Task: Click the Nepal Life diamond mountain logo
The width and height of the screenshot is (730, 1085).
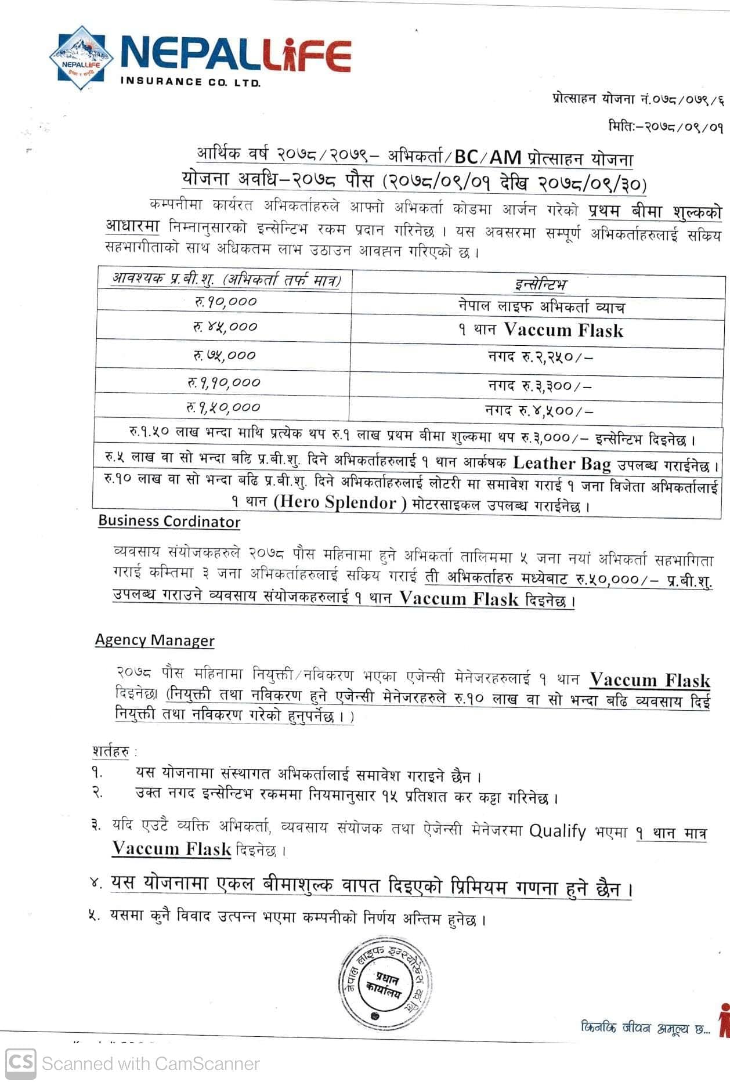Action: pyautogui.click(x=81, y=58)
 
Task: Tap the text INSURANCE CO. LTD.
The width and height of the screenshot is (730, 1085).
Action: pyautogui.click(x=190, y=82)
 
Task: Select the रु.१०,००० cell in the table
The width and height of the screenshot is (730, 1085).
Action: pyautogui.click(x=225, y=301)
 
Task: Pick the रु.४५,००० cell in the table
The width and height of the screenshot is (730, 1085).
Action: pyautogui.click(x=225, y=327)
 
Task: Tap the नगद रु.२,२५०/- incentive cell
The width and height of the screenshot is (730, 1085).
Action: pyautogui.click(x=540, y=356)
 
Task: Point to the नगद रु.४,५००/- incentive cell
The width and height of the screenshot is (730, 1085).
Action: pyautogui.click(x=539, y=410)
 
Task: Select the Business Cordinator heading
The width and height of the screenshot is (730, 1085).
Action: pyautogui.click(x=169, y=521)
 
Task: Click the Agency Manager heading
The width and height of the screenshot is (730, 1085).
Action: pyautogui.click(x=154, y=640)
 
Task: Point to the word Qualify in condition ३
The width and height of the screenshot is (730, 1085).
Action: pyautogui.click(x=557, y=831)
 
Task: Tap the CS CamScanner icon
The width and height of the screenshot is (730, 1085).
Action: pyautogui.click(x=21, y=1063)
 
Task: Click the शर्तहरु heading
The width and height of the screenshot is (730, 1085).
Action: pyautogui.click(x=111, y=751)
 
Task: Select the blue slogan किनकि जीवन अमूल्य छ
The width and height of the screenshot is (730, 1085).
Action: pyautogui.click(x=645, y=1028)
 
